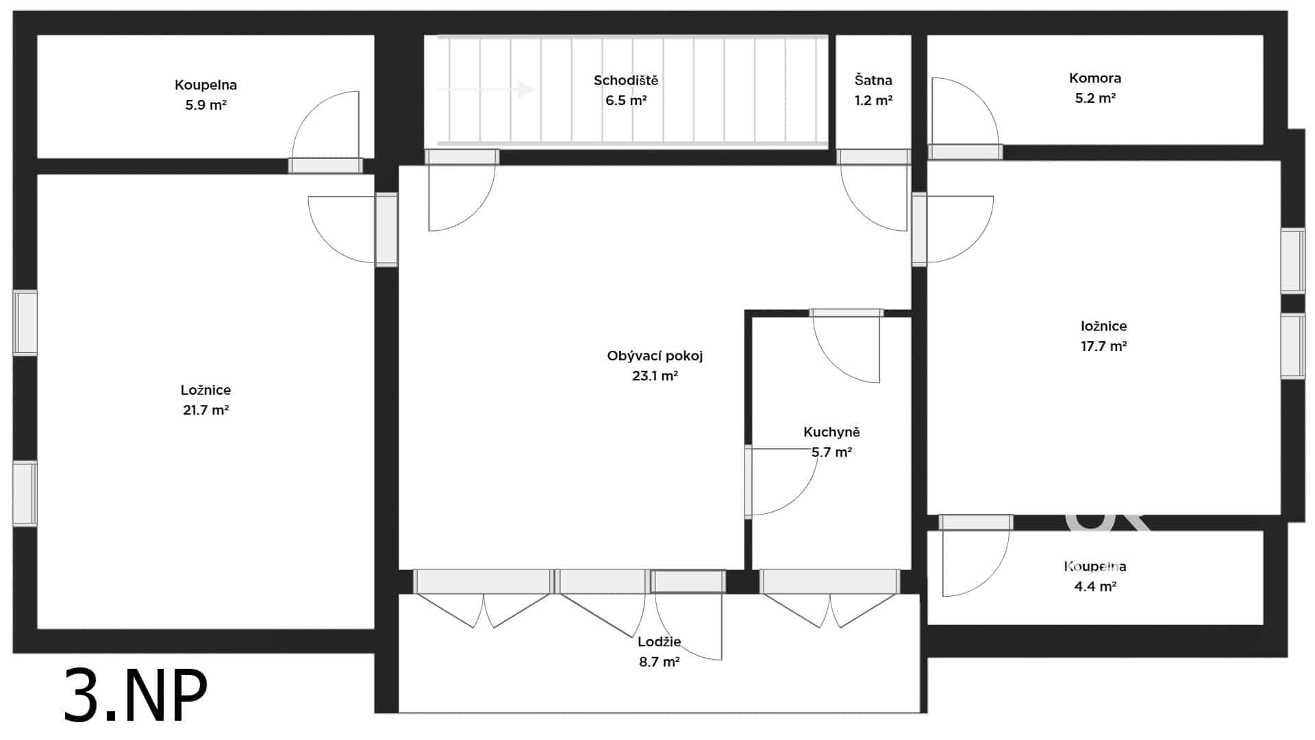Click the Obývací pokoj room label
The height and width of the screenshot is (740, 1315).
click(655, 356)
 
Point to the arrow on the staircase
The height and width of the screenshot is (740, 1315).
click(486, 89)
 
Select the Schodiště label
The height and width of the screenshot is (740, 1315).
click(626, 80)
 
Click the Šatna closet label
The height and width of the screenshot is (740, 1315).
click(873, 80)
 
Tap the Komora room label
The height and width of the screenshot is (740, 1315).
click(1095, 78)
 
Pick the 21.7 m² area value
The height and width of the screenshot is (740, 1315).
click(205, 410)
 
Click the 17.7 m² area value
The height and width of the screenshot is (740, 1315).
click(1104, 346)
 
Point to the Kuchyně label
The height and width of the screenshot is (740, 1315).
click(831, 432)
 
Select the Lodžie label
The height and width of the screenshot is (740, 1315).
click(659, 642)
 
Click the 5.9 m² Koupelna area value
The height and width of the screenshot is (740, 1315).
click(205, 106)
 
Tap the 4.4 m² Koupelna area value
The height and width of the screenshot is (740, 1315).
click(1095, 587)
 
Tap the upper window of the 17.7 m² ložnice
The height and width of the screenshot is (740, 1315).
click(1293, 260)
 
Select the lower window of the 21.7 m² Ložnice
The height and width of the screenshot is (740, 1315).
click(25, 493)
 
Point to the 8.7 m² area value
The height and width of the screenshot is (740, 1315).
click(659, 662)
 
